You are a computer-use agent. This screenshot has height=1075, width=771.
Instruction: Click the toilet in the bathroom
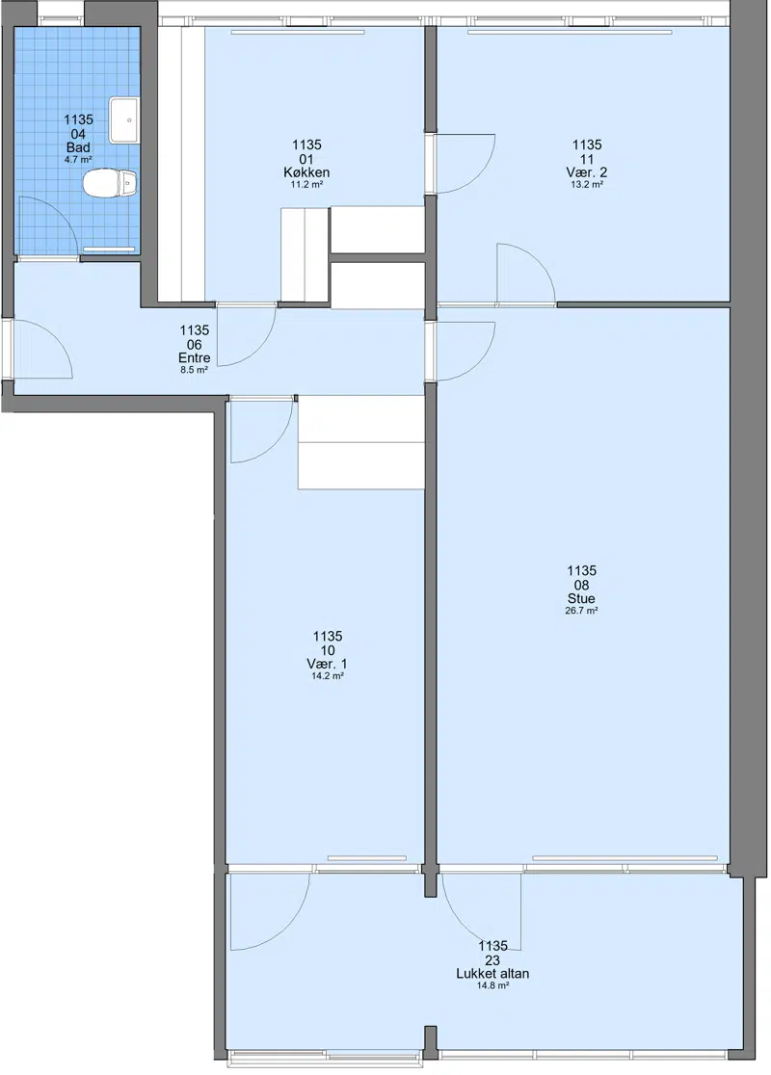tap(111, 183)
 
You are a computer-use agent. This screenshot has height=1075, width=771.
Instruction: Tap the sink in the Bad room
tap(125, 120)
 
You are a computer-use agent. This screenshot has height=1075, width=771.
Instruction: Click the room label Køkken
tap(306, 172)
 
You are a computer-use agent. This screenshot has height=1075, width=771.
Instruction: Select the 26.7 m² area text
tap(581, 611)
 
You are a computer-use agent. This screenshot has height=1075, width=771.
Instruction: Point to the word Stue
tap(581, 598)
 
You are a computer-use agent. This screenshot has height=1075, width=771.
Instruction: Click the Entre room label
tap(194, 358)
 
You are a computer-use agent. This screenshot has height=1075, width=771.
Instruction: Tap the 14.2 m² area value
tap(328, 676)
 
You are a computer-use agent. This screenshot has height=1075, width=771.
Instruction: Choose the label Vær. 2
tap(587, 172)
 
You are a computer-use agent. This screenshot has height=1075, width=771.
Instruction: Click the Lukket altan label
tap(492, 974)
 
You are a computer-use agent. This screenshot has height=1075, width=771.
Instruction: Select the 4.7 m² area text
tap(78, 160)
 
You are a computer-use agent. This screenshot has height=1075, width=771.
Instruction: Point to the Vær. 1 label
tap(328, 664)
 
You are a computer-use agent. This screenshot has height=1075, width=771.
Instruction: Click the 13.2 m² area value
tap(587, 184)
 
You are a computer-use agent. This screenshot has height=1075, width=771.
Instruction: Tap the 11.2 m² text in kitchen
tap(306, 184)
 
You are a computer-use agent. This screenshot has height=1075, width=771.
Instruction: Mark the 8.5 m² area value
tap(194, 370)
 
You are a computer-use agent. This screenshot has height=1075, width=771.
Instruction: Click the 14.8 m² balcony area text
tap(492, 985)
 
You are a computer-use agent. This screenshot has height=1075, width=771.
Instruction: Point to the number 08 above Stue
tap(581, 585)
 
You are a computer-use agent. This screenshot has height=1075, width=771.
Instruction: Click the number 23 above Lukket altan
tap(492, 960)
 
